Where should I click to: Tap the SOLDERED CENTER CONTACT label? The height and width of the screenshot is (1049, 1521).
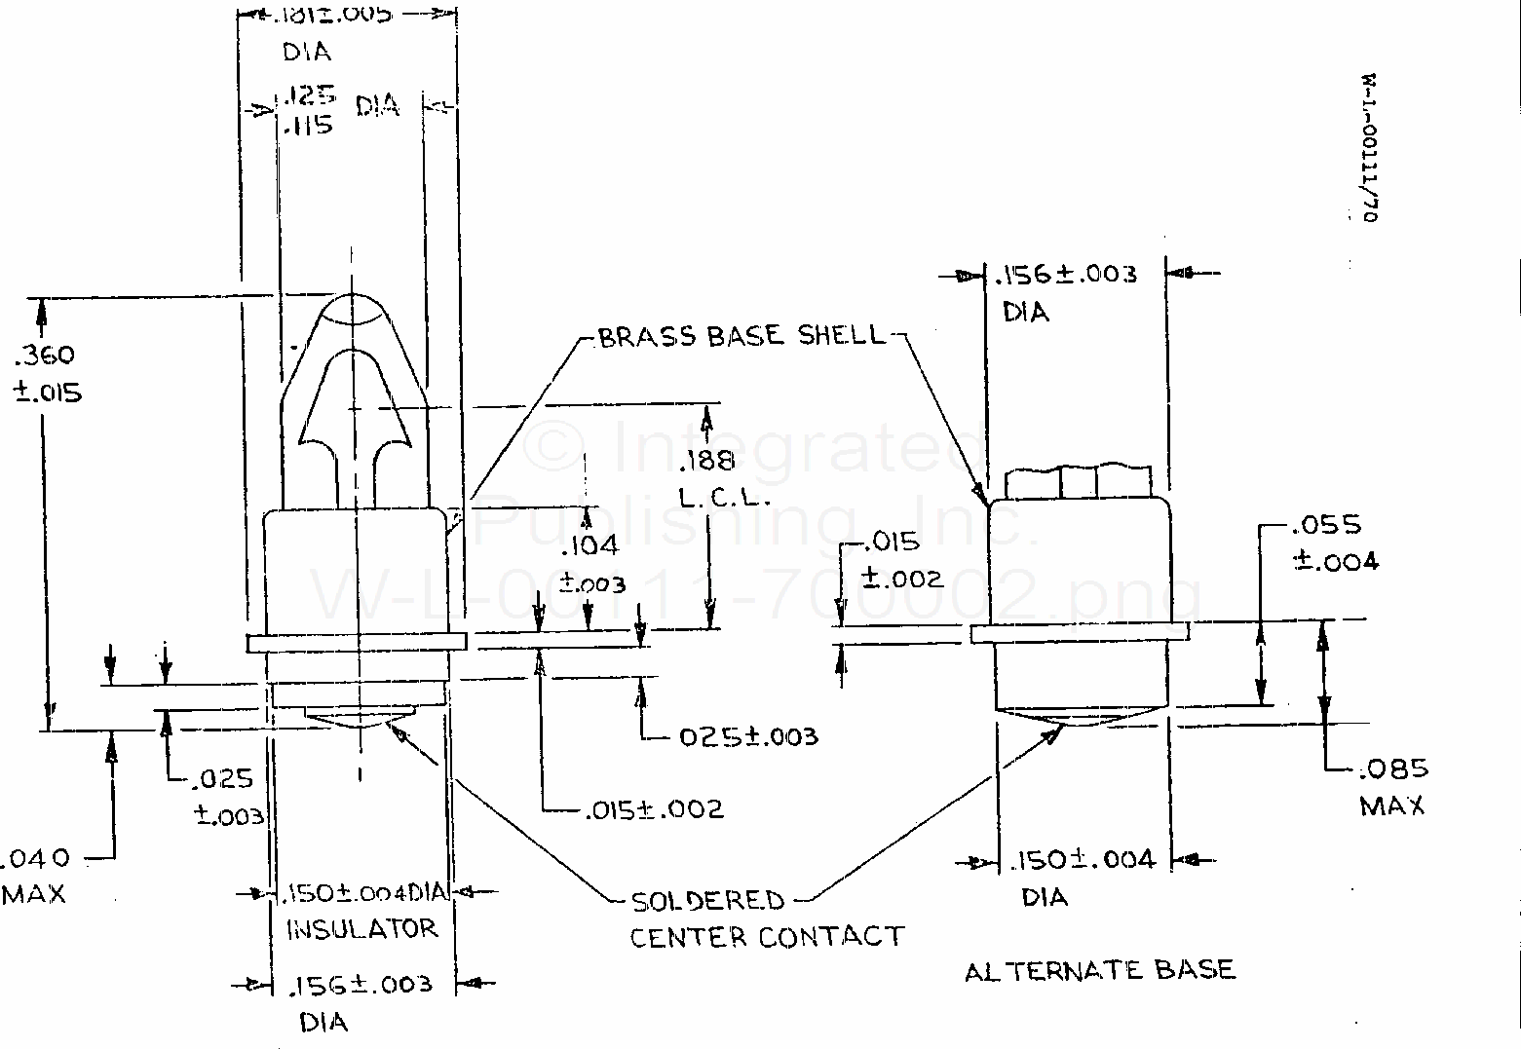click(766, 918)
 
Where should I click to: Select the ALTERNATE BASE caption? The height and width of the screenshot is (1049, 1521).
click(1099, 970)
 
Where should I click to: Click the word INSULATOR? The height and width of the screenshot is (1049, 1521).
click(361, 929)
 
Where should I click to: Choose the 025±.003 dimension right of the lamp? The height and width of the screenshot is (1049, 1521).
click(747, 736)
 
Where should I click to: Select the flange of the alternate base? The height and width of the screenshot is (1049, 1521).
click(1079, 633)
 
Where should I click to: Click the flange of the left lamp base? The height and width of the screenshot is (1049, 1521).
click(357, 643)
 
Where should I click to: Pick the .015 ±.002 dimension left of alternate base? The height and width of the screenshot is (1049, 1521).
click(902, 560)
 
